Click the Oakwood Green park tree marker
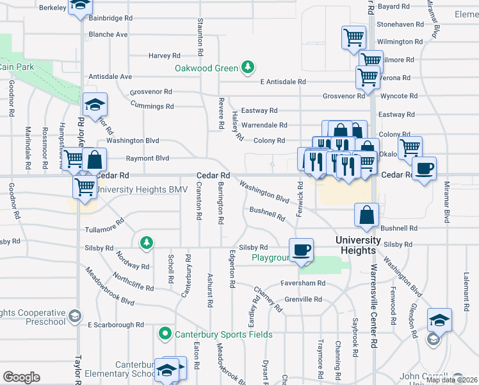247,67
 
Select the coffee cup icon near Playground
301,250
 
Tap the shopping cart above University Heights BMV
85,187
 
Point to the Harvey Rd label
165,56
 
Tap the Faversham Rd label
303,283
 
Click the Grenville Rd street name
303,299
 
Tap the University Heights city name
359,245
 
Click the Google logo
21,377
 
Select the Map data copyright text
451,380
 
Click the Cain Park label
16,67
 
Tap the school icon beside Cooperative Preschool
75,316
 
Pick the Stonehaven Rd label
400,24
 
